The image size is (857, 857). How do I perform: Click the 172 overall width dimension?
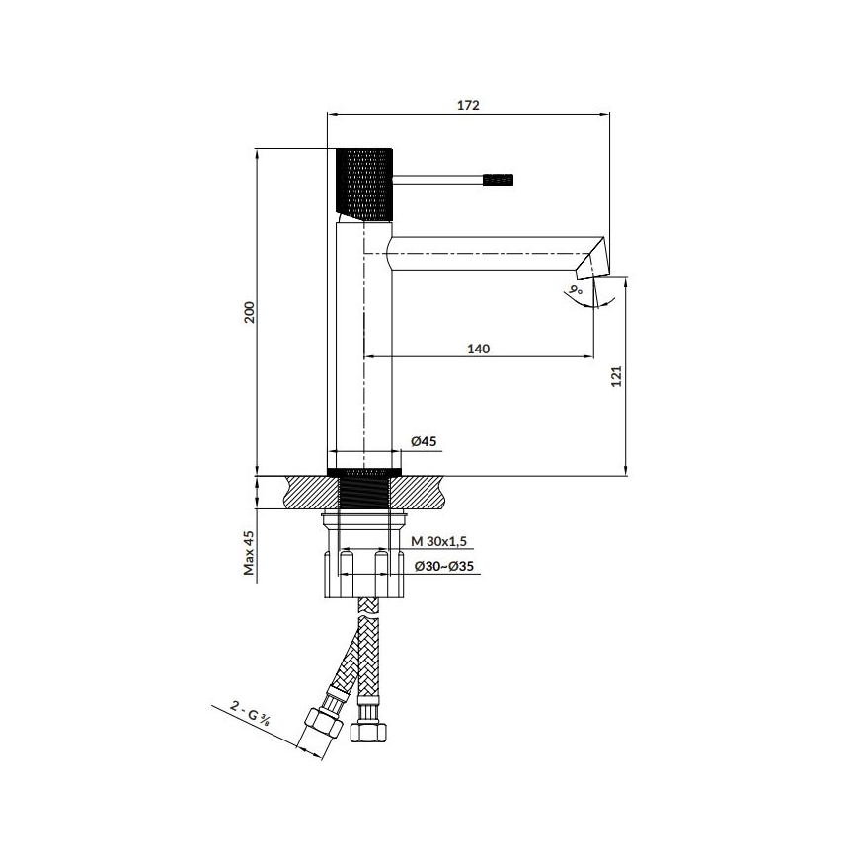(468, 105)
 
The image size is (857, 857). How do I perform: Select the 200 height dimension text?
(250, 312)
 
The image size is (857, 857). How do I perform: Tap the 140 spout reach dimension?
(479, 349)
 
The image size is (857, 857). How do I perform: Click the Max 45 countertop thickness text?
(250, 553)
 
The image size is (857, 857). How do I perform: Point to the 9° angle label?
(576, 291)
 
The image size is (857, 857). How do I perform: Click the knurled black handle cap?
(367, 184)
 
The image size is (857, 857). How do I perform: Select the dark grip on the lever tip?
(498, 180)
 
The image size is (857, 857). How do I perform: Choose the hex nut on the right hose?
(369, 728)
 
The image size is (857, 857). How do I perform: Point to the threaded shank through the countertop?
(365, 492)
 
